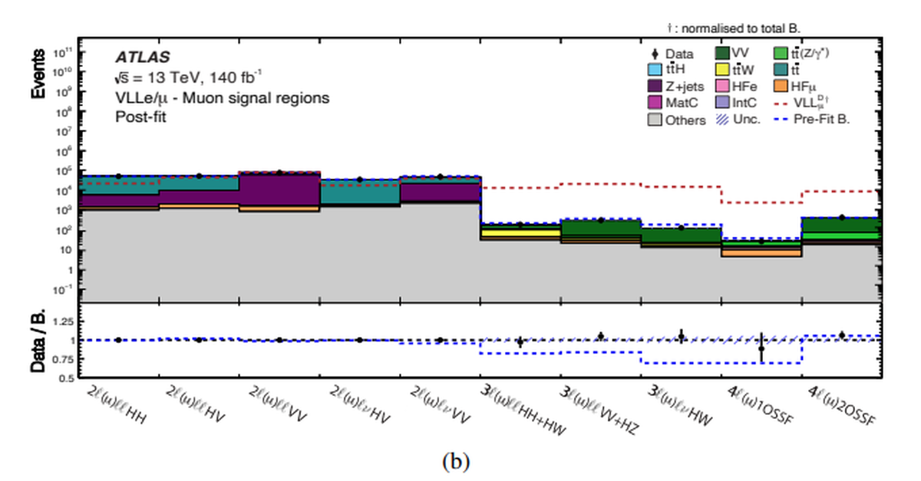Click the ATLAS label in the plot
[142, 57]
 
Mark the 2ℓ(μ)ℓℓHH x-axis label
[117, 407]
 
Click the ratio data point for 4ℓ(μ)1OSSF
[761, 348]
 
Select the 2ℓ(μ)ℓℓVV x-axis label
[279, 407]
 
